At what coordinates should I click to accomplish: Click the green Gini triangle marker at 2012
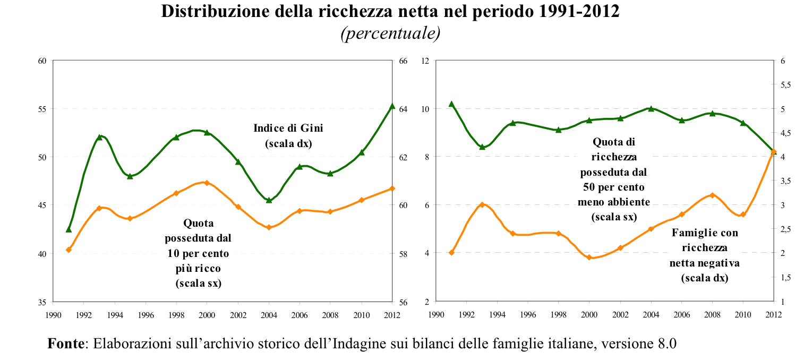point(392,106)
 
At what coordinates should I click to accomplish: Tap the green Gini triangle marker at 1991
point(69,229)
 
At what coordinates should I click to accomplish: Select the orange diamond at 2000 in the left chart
point(207,183)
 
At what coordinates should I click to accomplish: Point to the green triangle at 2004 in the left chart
point(269,200)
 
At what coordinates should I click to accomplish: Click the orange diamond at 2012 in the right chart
point(774,152)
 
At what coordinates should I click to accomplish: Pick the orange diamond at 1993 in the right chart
point(482,204)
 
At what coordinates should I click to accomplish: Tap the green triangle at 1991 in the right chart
point(451,104)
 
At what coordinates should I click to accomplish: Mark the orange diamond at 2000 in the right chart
point(589,258)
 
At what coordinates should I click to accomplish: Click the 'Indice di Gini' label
point(288,128)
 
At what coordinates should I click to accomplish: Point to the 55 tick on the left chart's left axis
point(42,109)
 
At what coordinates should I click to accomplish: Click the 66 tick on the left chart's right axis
point(403,61)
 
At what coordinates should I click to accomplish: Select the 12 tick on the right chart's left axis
point(425,61)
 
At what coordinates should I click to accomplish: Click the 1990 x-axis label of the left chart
point(53,314)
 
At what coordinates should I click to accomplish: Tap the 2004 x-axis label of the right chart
point(651,314)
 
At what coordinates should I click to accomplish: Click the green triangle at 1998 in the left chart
point(176,137)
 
